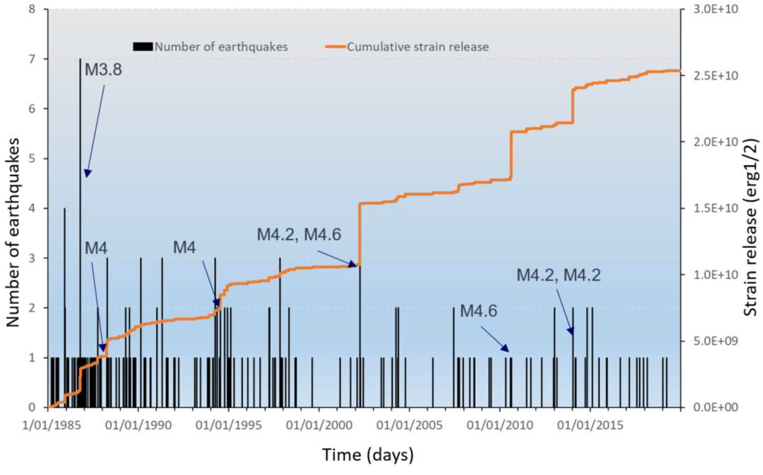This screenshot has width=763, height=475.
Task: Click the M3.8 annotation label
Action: point(103,69)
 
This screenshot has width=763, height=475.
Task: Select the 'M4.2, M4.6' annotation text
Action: point(299,234)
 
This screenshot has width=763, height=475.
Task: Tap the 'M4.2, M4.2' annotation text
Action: point(559,275)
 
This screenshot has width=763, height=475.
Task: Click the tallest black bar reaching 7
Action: point(80,188)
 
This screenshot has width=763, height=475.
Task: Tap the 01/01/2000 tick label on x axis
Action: point(319,426)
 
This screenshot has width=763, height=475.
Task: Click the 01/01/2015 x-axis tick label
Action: point(590,426)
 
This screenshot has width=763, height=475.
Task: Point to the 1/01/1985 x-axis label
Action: point(52,426)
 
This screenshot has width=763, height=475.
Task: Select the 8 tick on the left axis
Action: point(32,9)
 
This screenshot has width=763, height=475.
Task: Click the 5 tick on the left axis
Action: point(32,159)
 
